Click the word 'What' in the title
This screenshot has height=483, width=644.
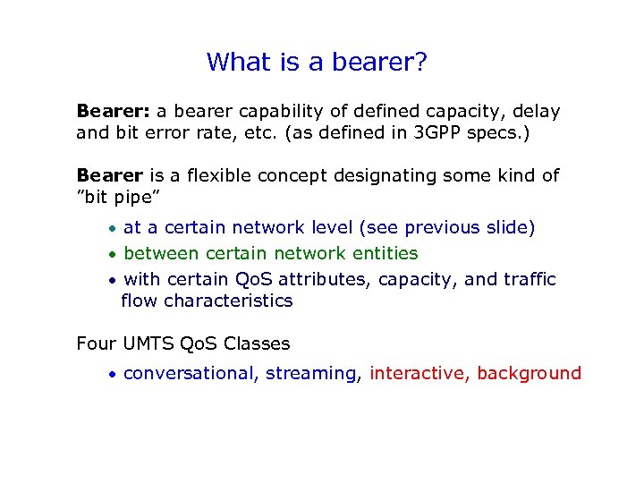click(x=237, y=62)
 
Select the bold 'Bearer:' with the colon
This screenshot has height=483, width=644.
click(x=114, y=112)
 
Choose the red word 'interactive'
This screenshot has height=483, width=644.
click(x=419, y=374)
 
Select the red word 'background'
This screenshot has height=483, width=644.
click(x=529, y=374)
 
